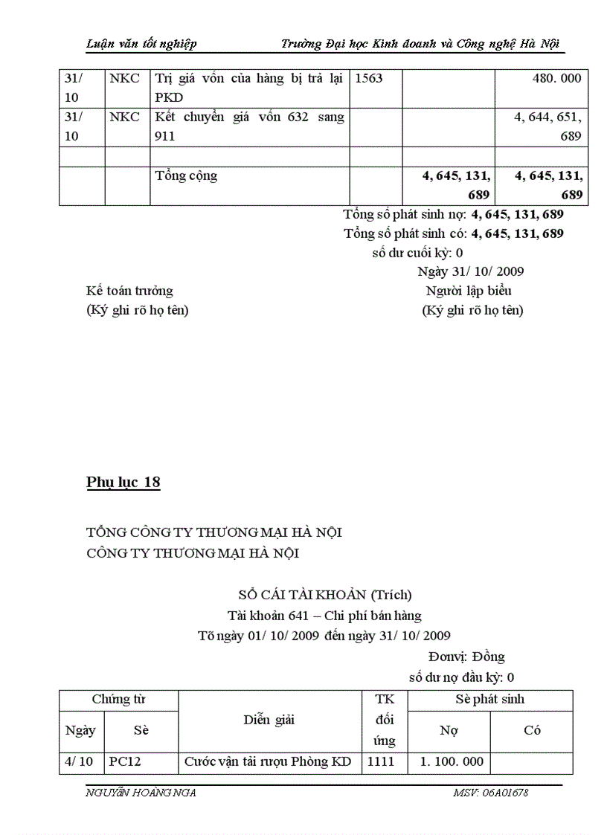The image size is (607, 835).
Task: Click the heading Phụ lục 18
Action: (123, 483)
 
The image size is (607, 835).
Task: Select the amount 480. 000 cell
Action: (551, 78)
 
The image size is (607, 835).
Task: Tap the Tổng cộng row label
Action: (186, 176)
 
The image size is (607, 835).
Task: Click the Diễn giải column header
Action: (269, 720)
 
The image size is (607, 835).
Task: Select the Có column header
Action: (531, 730)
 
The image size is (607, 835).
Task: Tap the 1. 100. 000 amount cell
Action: (452, 761)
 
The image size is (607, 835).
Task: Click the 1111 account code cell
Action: (381, 761)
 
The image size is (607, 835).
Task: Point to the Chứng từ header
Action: (118, 699)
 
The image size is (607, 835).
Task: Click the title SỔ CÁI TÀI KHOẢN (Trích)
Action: (325, 595)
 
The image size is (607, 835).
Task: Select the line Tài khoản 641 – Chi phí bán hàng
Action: (324, 615)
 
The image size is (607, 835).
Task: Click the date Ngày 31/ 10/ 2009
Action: (470, 271)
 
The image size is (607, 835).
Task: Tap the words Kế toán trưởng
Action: (129, 291)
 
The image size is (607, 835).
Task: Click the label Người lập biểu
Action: (469, 291)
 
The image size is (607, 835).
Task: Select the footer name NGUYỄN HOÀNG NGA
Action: (141, 793)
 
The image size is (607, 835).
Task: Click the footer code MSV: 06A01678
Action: (490, 793)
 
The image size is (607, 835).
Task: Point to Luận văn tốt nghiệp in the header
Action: (141, 44)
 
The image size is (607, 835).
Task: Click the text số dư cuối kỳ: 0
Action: (417, 252)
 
